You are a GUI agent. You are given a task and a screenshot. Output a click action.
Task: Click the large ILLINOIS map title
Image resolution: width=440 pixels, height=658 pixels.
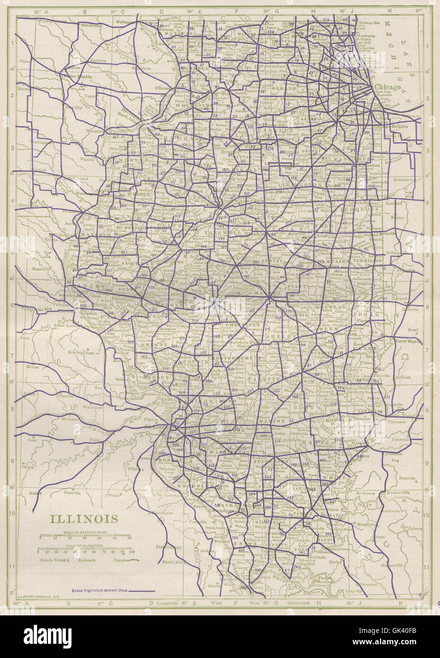point(84,518)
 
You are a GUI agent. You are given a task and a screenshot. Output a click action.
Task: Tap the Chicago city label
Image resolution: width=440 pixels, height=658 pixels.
point(387,88)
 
